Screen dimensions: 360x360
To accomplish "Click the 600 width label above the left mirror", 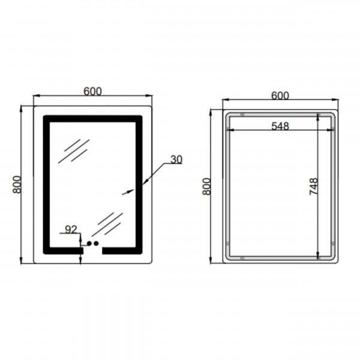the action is tap(92, 91).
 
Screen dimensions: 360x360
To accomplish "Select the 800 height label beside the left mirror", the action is tap(17, 185).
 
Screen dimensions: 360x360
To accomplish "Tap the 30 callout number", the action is tap(176, 160).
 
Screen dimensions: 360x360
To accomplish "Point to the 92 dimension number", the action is tap(71, 229).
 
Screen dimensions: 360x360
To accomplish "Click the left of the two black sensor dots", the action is tap(89, 243).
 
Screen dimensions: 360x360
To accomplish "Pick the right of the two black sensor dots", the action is tap(96, 243).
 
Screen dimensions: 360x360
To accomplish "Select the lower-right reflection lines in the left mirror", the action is tap(107, 224).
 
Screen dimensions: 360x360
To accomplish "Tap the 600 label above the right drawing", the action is tap(280, 95).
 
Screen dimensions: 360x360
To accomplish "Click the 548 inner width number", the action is tap(280, 126).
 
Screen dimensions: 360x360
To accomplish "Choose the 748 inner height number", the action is tap(314, 186).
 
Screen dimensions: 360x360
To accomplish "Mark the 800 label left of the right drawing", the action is tap(206, 187).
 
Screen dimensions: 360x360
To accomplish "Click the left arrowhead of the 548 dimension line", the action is tap(231, 130).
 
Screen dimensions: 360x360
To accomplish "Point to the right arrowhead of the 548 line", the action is tap(330, 130).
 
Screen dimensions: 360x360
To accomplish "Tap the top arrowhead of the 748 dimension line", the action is tap(318, 118).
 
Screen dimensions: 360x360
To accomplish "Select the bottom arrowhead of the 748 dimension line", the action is tap(318, 255).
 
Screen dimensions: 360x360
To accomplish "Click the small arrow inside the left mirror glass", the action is tap(128, 192).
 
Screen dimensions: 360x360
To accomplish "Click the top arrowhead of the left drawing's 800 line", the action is tap(21, 109).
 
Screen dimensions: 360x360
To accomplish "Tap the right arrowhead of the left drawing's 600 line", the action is tap(149, 95).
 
